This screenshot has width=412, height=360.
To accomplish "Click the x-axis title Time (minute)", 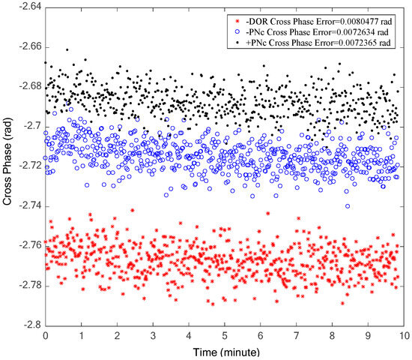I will coord(225,350).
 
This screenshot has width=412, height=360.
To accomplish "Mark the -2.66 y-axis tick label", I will coord(30,46).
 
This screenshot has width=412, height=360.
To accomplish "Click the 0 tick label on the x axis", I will coord(46,336).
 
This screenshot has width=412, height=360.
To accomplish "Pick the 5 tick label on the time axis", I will coord(225,336).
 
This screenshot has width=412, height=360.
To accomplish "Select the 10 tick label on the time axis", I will coord(403,336).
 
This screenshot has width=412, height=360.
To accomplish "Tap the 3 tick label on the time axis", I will coord(153,336).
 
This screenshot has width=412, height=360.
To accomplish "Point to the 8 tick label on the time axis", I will coord(332,336).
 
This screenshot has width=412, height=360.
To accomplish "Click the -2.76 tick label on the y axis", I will coord(30,246).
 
